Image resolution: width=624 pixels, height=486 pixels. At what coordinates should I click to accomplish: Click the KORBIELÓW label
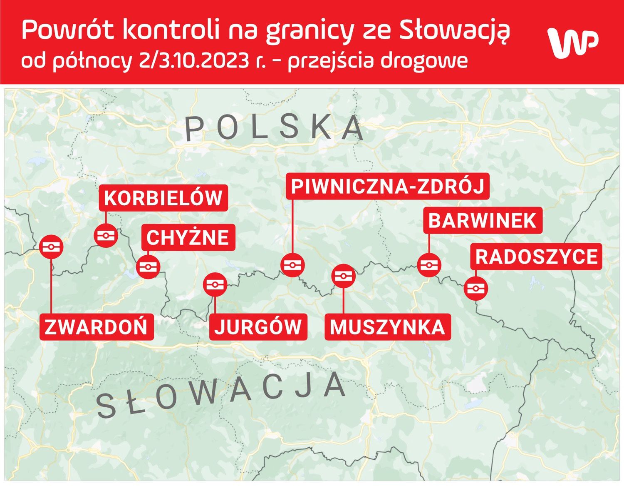click(x=163, y=198)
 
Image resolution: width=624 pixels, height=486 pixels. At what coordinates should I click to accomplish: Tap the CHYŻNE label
click(x=188, y=237)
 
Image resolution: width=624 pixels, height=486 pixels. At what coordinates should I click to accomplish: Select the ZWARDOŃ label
click(x=96, y=326)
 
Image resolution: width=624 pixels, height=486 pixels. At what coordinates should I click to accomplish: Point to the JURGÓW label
click(x=258, y=326)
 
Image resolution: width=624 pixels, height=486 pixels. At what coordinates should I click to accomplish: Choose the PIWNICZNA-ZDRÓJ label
click(x=388, y=186)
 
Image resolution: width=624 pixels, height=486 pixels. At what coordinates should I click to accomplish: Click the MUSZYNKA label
click(x=387, y=326)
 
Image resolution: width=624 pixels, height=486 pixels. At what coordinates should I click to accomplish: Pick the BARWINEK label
click(x=483, y=220)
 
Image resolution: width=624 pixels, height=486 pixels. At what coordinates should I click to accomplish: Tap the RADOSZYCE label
click(x=536, y=257)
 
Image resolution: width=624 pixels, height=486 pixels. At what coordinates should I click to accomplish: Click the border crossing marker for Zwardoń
click(x=51, y=247)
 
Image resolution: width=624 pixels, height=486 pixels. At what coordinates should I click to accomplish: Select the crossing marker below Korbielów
click(x=106, y=236)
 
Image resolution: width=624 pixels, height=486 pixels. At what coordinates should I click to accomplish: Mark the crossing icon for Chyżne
click(x=148, y=267)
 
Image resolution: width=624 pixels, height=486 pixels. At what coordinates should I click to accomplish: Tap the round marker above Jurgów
click(x=215, y=285)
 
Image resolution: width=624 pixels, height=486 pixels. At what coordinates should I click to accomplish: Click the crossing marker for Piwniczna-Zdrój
click(x=292, y=265)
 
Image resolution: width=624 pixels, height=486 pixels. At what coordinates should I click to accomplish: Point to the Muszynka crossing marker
click(x=344, y=276)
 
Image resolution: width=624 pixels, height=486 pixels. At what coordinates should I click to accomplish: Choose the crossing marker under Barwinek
click(x=429, y=265)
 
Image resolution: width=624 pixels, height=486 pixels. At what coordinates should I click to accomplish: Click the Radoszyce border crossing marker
click(x=476, y=288)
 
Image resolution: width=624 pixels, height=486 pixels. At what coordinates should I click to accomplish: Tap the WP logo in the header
click(x=573, y=42)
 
